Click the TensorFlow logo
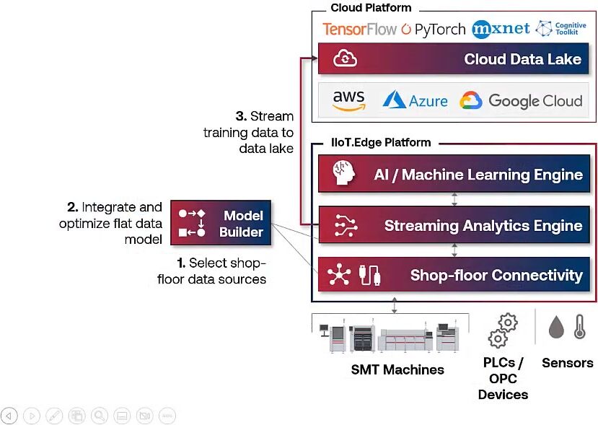point(359,29)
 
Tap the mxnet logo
point(501,29)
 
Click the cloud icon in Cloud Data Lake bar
point(345,59)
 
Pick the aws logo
point(349,100)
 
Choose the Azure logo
point(415,100)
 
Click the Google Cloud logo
point(521,101)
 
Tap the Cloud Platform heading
point(371,8)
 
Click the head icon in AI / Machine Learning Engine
point(342,175)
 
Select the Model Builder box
point(220,224)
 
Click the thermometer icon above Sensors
point(579,327)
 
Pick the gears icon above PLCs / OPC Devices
point(504,330)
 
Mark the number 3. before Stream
point(241,116)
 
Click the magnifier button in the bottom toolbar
point(99,416)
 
